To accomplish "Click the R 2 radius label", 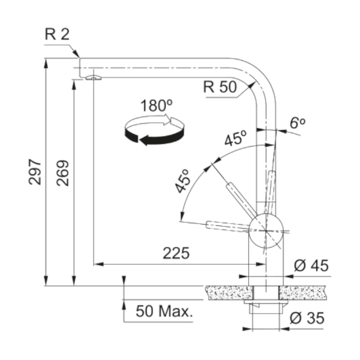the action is [x=57, y=35].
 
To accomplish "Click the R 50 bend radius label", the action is [x=220, y=87].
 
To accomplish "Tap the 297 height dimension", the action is [x=35, y=172].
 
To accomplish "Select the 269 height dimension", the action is [x=62, y=173].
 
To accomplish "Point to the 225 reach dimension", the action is [x=176, y=254].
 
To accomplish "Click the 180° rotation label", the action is [x=156, y=106].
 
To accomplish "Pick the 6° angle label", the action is [x=298, y=123].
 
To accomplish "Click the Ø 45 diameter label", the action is [x=311, y=266].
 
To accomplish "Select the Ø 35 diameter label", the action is [x=307, y=318].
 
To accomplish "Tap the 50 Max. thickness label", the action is [x=164, y=311].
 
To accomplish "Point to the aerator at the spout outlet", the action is [x=93, y=78].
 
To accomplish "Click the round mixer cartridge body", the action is [x=266, y=231].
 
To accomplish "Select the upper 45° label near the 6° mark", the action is [x=236, y=138].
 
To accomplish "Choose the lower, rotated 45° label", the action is [x=182, y=181].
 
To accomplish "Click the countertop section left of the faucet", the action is [x=229, y=293].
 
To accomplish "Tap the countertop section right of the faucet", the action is [x=303, y=293].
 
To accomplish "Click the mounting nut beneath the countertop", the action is [x=266, y=307].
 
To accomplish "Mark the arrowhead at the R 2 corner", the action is [x=76, y=54].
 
